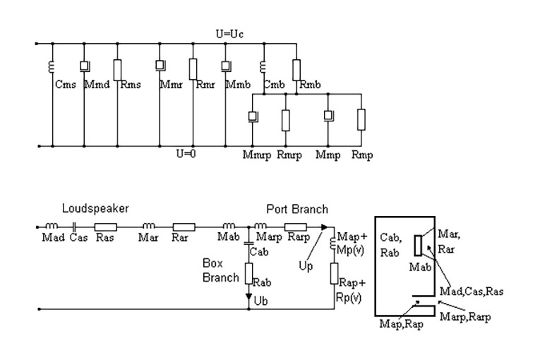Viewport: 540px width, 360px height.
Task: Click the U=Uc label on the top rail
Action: pos(232,34)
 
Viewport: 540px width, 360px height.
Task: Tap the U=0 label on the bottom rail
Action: pos(188,153)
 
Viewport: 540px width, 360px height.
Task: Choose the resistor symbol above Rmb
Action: pos(296,68)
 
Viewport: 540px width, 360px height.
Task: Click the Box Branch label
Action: pos(221,270)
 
